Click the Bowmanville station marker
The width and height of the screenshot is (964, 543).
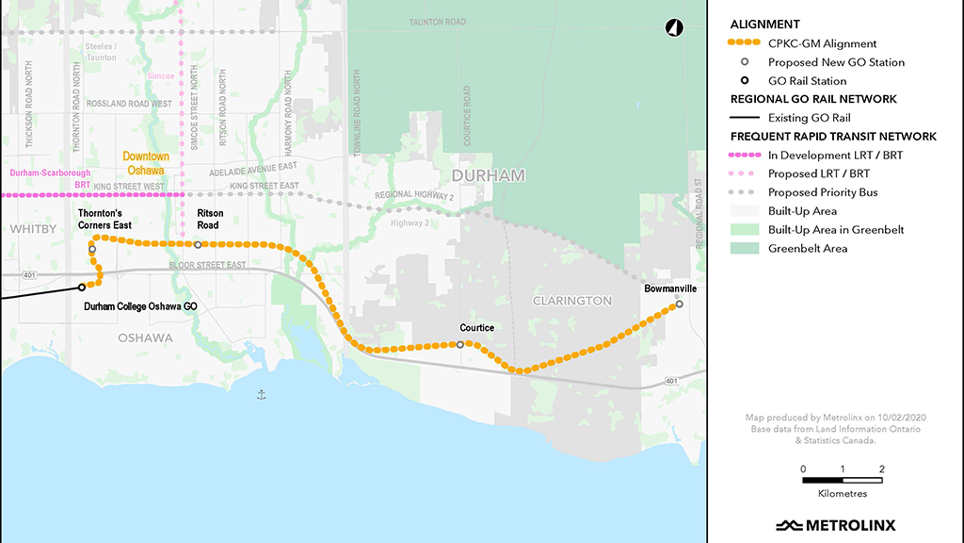(x=679, y=304)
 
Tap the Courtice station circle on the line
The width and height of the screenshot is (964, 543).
(x=459, y=345)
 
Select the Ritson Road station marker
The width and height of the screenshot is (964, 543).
(x=198, y=244)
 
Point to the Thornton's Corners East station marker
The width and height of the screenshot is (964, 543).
(x=92, y=249)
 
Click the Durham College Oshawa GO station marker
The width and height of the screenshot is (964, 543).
(x=82, y=287)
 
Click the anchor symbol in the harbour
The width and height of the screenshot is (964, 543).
(x=262, y=394)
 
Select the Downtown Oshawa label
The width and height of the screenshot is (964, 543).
(x=146, y=163)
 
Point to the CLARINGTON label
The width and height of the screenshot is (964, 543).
(x=572, y=301)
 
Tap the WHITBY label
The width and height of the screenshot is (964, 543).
(x=29, y=229)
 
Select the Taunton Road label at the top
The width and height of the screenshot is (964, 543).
(x=439, y=21)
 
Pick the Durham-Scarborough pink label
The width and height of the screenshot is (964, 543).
(x=49, y=174)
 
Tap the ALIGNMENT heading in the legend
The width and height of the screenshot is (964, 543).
(x=764, y=25)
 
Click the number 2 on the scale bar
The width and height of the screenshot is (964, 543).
(x=881, y=469)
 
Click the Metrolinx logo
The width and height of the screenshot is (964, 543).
(x=836, y=525)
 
